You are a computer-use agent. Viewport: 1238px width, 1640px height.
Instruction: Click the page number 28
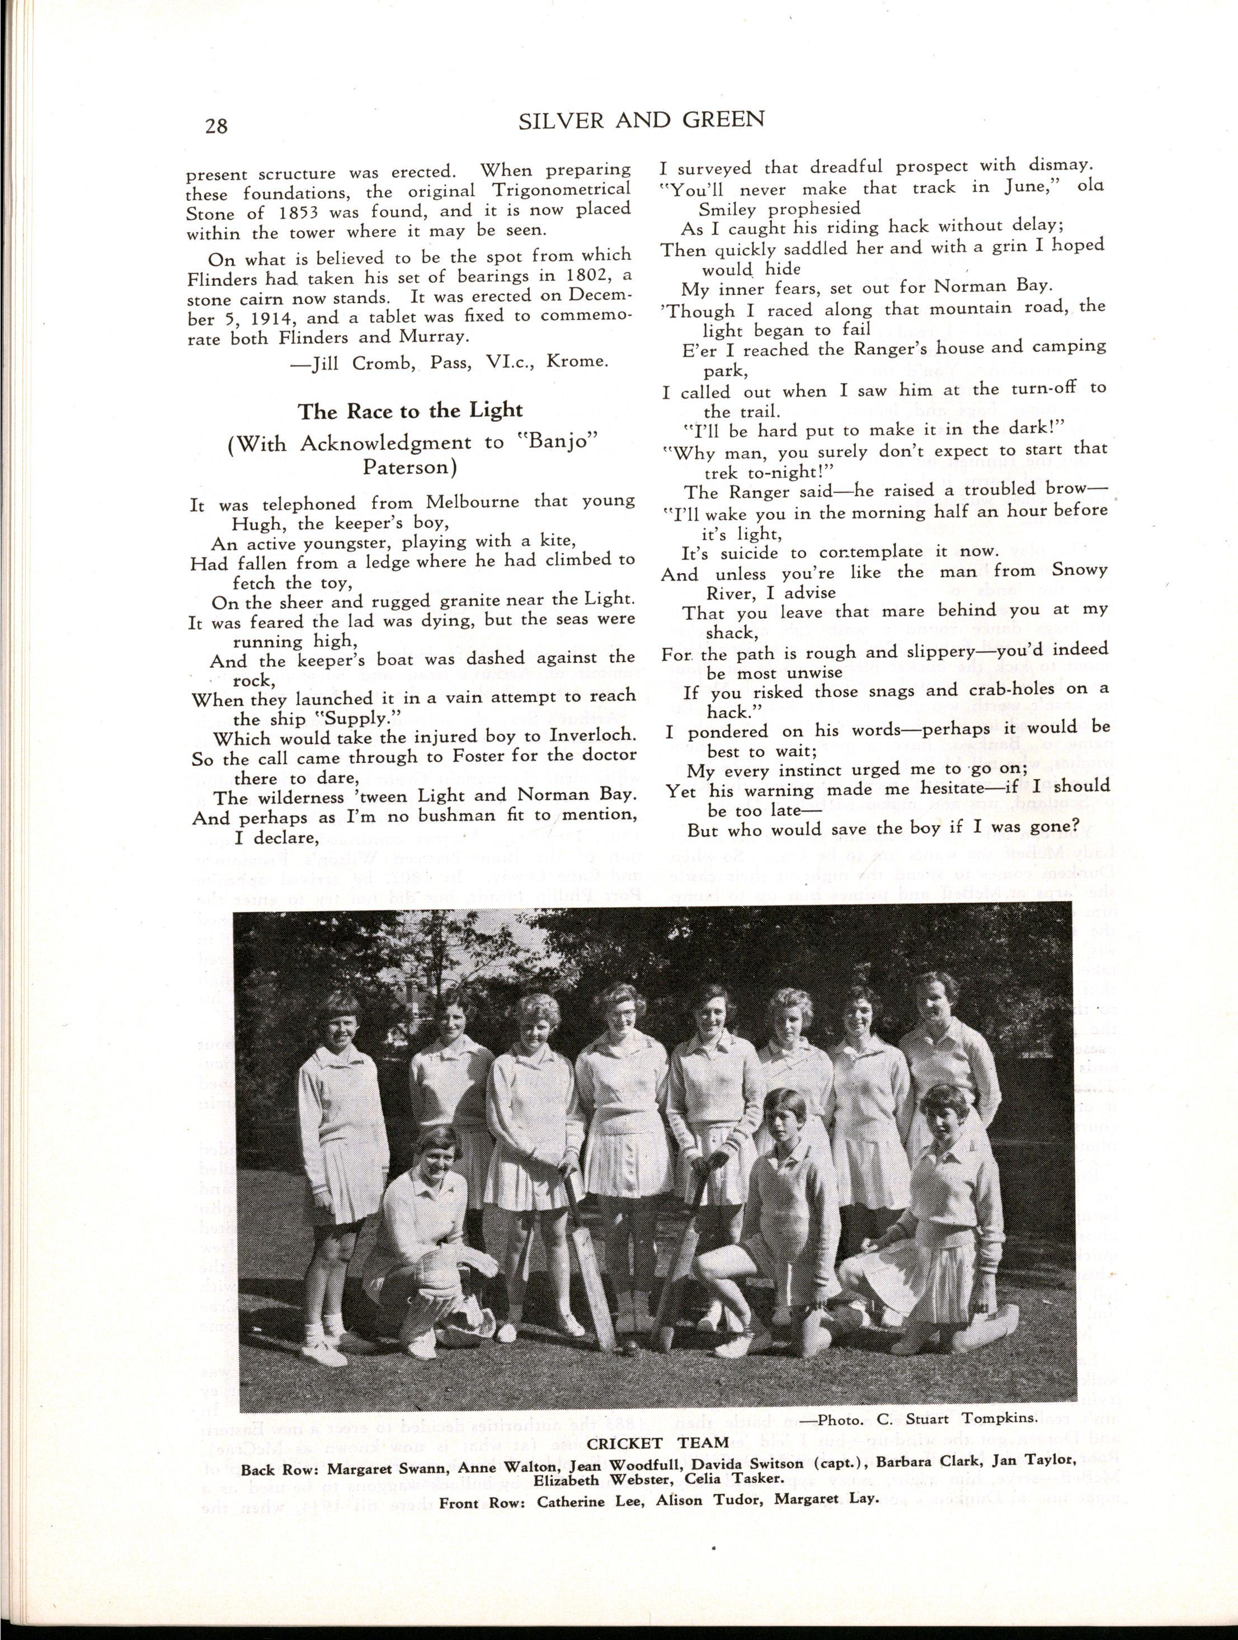click(x=216, y=125)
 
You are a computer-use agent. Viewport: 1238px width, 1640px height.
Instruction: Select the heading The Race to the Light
click(x=410, y=411)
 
